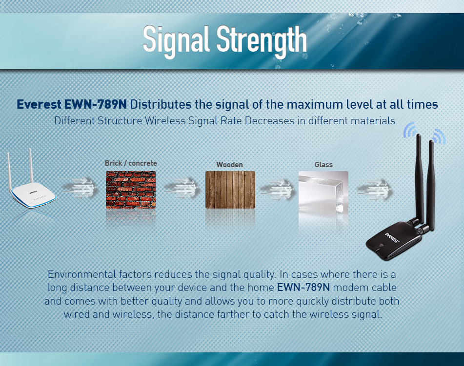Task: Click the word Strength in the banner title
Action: (262, 41)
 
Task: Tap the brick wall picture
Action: (131, 190)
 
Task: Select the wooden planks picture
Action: (230, 190)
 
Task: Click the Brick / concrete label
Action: (131, 163)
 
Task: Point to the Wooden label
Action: (230, 165)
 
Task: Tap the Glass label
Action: (323, 165)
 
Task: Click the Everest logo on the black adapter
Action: (392, 237)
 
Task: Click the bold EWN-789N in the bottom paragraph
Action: (303, 288)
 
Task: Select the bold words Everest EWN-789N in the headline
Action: (72, 104)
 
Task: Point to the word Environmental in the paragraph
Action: (81, 274)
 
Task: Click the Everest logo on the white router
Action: (34, 193)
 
